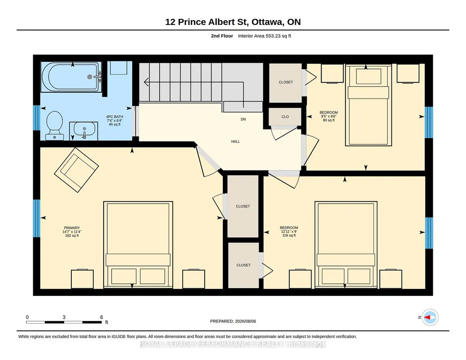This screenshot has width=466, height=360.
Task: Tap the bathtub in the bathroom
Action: (71, 77)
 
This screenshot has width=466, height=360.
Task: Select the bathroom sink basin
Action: (85, 129)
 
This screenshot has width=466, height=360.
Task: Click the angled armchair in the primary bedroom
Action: (76, 170)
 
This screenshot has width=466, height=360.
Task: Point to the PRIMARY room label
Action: (72, 228)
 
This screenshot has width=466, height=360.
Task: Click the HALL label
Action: (236, 141)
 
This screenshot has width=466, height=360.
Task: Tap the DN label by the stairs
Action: (243, 119)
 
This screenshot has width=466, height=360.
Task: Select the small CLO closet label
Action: (285, 117)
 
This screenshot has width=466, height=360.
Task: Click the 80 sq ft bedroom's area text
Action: (329, 120)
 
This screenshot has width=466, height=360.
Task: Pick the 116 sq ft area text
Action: (289, 235)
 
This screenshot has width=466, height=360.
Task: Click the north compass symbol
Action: (430, 318)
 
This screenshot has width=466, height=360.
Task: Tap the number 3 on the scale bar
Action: (64, 317)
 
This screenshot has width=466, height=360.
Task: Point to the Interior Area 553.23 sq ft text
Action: (265, 36)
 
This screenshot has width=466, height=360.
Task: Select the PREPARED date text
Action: (233, 321)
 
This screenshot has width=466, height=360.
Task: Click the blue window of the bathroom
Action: (36, 118)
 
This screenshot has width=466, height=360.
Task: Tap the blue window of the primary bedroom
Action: (36, 218)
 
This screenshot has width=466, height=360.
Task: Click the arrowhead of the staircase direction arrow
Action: (146, 82)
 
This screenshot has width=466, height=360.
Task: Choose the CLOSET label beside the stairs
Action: (286, 82)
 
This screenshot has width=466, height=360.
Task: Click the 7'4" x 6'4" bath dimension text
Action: (115, 120)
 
